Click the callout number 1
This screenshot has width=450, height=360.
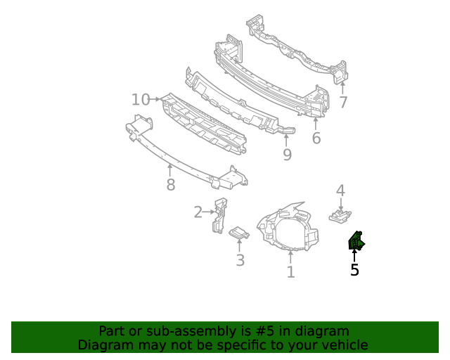click(x=290, y=272)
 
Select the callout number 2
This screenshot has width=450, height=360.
click(x=198, y=212)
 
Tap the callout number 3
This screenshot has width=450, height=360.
click(x=240, y=260)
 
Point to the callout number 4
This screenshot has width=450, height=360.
click(x=340, y=191)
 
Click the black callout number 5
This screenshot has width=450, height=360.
click(x=354, y=269)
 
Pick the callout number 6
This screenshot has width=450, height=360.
click(x=316, y=139)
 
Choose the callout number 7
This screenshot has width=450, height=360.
click(x=343, y=103)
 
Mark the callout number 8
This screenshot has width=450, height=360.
click(x=170, y=185)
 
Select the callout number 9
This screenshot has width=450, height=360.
click(x=287, y=155)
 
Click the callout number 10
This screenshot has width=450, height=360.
click(x=141, y=100)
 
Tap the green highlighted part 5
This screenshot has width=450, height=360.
click(x=356, y=242)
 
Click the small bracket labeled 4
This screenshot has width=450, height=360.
click(x=340, y=214)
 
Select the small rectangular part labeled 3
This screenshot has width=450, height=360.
click(x=239, y=233)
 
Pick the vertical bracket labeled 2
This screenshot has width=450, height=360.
click(x=219, y=215)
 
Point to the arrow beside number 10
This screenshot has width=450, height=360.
click(x=156, y=100)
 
